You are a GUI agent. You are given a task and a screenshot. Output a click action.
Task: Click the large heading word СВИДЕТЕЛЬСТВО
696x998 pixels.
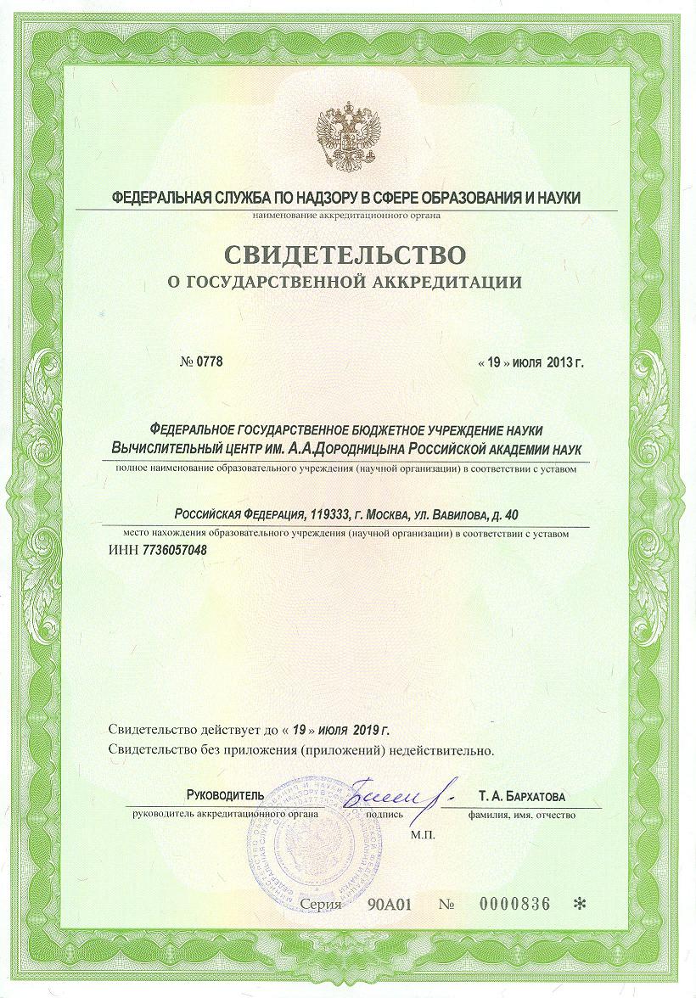346,254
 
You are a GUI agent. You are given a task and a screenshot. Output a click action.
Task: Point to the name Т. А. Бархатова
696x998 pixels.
521,796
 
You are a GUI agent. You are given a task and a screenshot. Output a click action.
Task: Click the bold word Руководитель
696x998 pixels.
225,796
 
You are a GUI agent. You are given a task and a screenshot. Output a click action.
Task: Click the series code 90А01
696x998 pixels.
390,905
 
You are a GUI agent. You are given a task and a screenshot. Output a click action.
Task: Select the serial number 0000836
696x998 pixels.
514,905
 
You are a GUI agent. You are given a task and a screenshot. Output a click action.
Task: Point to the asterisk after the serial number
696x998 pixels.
580,905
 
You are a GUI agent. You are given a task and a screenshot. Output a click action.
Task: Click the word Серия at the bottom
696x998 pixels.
321,905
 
